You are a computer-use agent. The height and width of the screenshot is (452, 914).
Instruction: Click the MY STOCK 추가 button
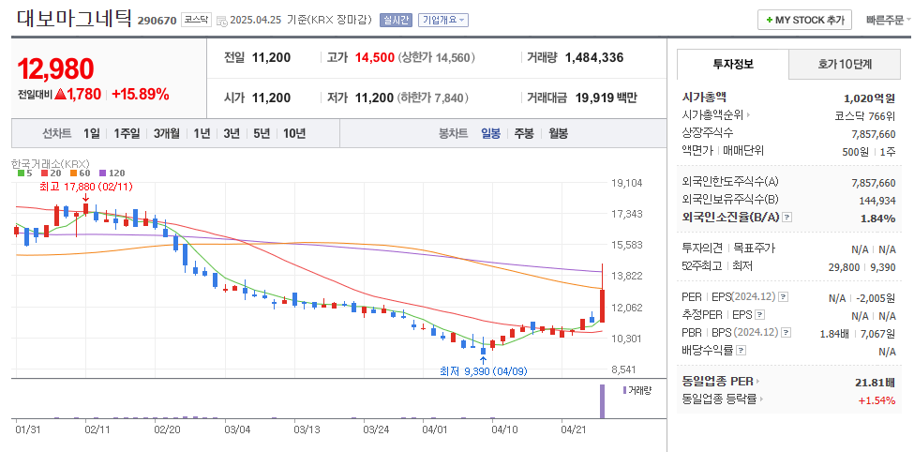click(x=805, y=20)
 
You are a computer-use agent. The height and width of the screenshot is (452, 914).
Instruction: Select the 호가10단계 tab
click(x=845, y=65)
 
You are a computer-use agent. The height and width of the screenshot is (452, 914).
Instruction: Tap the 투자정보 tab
click(x=732, y=65)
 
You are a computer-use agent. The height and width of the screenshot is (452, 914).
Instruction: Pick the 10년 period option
click(x=293, y=133)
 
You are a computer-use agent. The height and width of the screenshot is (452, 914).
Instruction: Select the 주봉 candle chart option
click(x=523, y=133)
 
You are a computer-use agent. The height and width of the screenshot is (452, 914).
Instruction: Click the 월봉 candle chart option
click(x=558, y=133)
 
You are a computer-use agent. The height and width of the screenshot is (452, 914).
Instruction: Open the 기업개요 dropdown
click(x=443, y=20)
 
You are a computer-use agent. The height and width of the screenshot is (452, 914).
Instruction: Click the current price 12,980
click(x=55, y=68)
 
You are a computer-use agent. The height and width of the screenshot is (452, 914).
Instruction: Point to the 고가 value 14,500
click(x=374, y=57)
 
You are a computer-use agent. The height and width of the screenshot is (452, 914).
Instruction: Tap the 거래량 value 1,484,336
click(x=593, y=57)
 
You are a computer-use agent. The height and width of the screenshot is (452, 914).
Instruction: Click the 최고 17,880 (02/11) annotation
click(x=86, y=187)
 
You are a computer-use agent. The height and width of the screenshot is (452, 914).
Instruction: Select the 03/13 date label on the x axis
click(x=307, y=429)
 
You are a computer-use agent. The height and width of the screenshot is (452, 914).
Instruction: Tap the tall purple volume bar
click(x=602, y=400)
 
